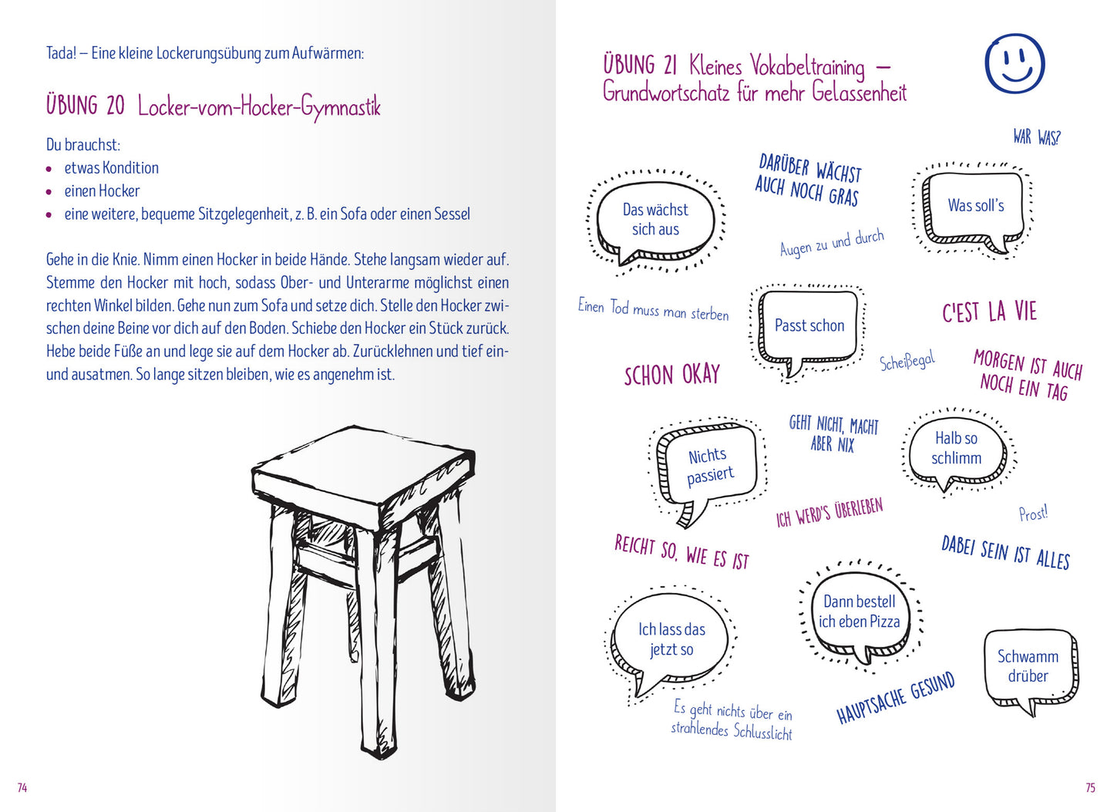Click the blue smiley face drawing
click(x=1015, y=63)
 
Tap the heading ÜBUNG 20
click(x=85, y=106)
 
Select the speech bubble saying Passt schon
click(x=809, y=326)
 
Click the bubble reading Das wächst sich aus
click(x=655, y=220)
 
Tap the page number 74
click(x=22, y=787)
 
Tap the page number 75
click(x=1090, y=787)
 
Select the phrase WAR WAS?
click(x=1036, y=137)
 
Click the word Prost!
click(x=1033, y=514)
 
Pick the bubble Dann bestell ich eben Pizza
click(x=859, y=612)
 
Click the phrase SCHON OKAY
click(x=671, y=376)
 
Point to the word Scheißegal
click(x=907, y=361)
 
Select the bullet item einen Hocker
click(x=102, y=191)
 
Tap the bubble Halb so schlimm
click(x=956, y=448)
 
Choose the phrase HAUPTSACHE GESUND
click(x=896, y=698)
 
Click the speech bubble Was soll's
click(x=975, y=206)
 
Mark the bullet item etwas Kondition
click(x=111, y=168)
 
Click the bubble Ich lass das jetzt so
click(x=671, y=639)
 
